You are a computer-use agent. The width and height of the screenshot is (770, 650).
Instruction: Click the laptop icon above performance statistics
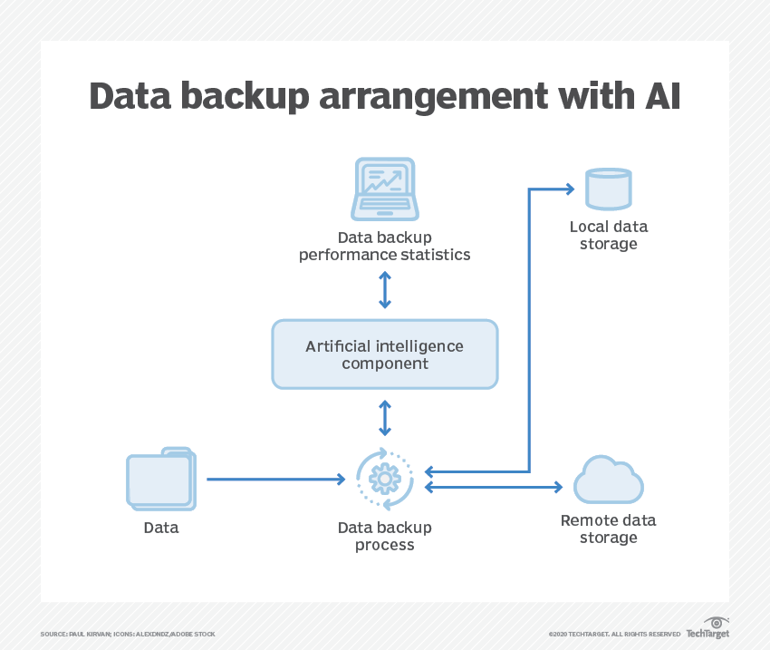[384, 189]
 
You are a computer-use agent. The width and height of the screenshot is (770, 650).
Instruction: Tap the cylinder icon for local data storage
[608, 189]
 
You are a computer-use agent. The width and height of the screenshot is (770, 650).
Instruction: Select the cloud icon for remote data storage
[608, 480]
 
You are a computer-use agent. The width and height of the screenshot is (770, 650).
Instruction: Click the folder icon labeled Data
[160, 479]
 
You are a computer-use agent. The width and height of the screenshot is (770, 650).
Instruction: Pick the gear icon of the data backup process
[385, 478]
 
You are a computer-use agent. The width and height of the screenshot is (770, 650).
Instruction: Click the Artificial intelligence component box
[385, 354]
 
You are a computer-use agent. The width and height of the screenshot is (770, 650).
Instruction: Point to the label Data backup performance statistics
[385, 246]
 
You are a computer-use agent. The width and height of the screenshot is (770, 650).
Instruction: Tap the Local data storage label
[608, 235]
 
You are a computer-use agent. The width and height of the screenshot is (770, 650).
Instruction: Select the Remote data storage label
[608, 529]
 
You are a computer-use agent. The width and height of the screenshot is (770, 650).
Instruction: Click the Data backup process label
[385, 536]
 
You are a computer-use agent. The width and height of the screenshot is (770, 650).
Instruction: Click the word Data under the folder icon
[161, 528]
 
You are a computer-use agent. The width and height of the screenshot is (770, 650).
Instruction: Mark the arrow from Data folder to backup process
[272, 479]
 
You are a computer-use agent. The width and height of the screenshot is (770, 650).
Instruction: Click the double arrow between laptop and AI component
[385, 289]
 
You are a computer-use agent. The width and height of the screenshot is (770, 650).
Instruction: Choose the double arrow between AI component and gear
[385, 418]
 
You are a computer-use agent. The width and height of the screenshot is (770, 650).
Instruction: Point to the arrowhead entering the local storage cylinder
[569, 189]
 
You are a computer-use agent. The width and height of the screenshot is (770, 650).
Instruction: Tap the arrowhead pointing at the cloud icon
[558, 488]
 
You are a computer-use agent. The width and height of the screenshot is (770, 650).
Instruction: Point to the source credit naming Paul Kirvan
[128, 634]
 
